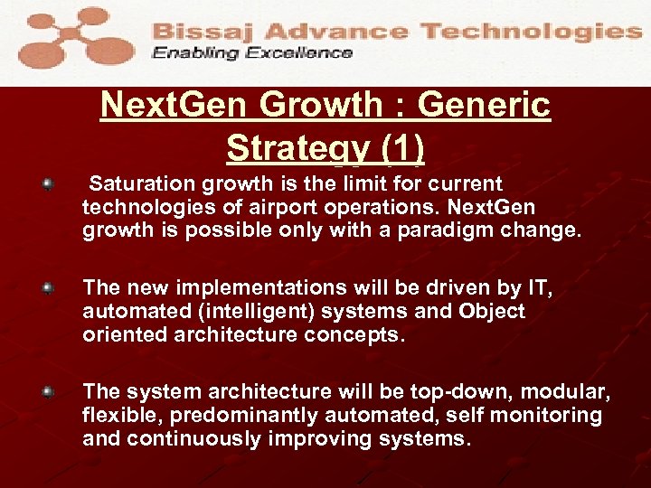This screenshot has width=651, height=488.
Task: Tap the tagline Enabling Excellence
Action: [252, 52]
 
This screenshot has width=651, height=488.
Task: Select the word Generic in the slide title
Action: [484, 106]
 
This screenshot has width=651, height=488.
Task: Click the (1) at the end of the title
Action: [401, 147]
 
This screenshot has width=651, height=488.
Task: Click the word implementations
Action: [259, 288]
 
